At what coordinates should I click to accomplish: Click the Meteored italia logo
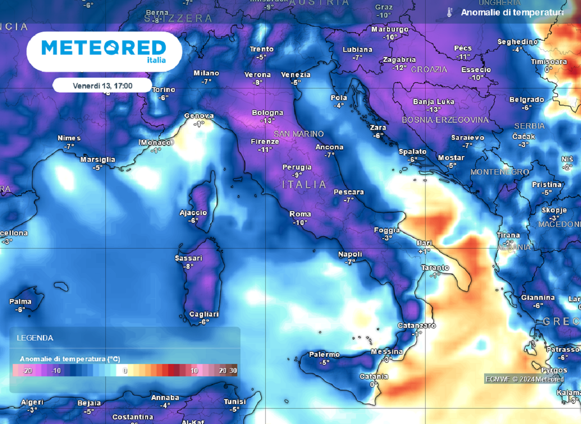pyautogui.click(x=104, y=50)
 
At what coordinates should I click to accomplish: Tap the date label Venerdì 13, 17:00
pyautogui.click(x=103, y=85)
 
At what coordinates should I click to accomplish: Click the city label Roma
pyautogui.click(x=300, y=214)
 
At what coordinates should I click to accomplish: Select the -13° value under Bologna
pyautogui.click(x=268, y=120)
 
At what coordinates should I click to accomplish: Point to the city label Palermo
pyautogui.click(x=324, y=354)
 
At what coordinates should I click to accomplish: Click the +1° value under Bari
pyautogui.click(x=424, y=251)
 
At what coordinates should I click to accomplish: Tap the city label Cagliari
pyautogui.click(x=204, y=314)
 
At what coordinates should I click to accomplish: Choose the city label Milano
pyautogui.click(x=207, y=73)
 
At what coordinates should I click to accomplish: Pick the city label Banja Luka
pyautogui.click(x=433, y=102)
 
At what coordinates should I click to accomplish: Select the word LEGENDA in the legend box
pyautogui.click(x=35, y=338)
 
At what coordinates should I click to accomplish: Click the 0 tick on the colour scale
pyautogui.click(x=125, y=371)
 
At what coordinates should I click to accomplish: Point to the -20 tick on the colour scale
pyautogui.click(x=27, y=371)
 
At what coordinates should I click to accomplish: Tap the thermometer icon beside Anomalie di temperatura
pyautogui.click(x=449, y=12)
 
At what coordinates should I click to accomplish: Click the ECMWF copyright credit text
pyautogui.click(x=524, y=379)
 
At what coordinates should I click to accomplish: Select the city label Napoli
pyautogui.click(x=350, y=254)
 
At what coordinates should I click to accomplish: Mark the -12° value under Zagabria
pyautogui.click(x=399, y=67)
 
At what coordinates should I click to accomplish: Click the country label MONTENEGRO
pyautogui.click(x=500, y=172)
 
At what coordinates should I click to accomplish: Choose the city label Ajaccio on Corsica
pyautogui.click(x=193, y=213)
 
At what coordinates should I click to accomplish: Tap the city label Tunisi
pyautogui.click(x=235, y=402)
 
